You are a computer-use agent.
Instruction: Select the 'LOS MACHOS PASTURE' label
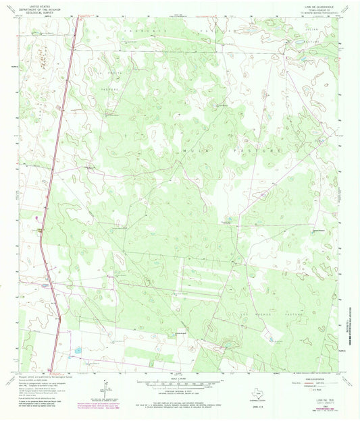click(277, 314)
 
